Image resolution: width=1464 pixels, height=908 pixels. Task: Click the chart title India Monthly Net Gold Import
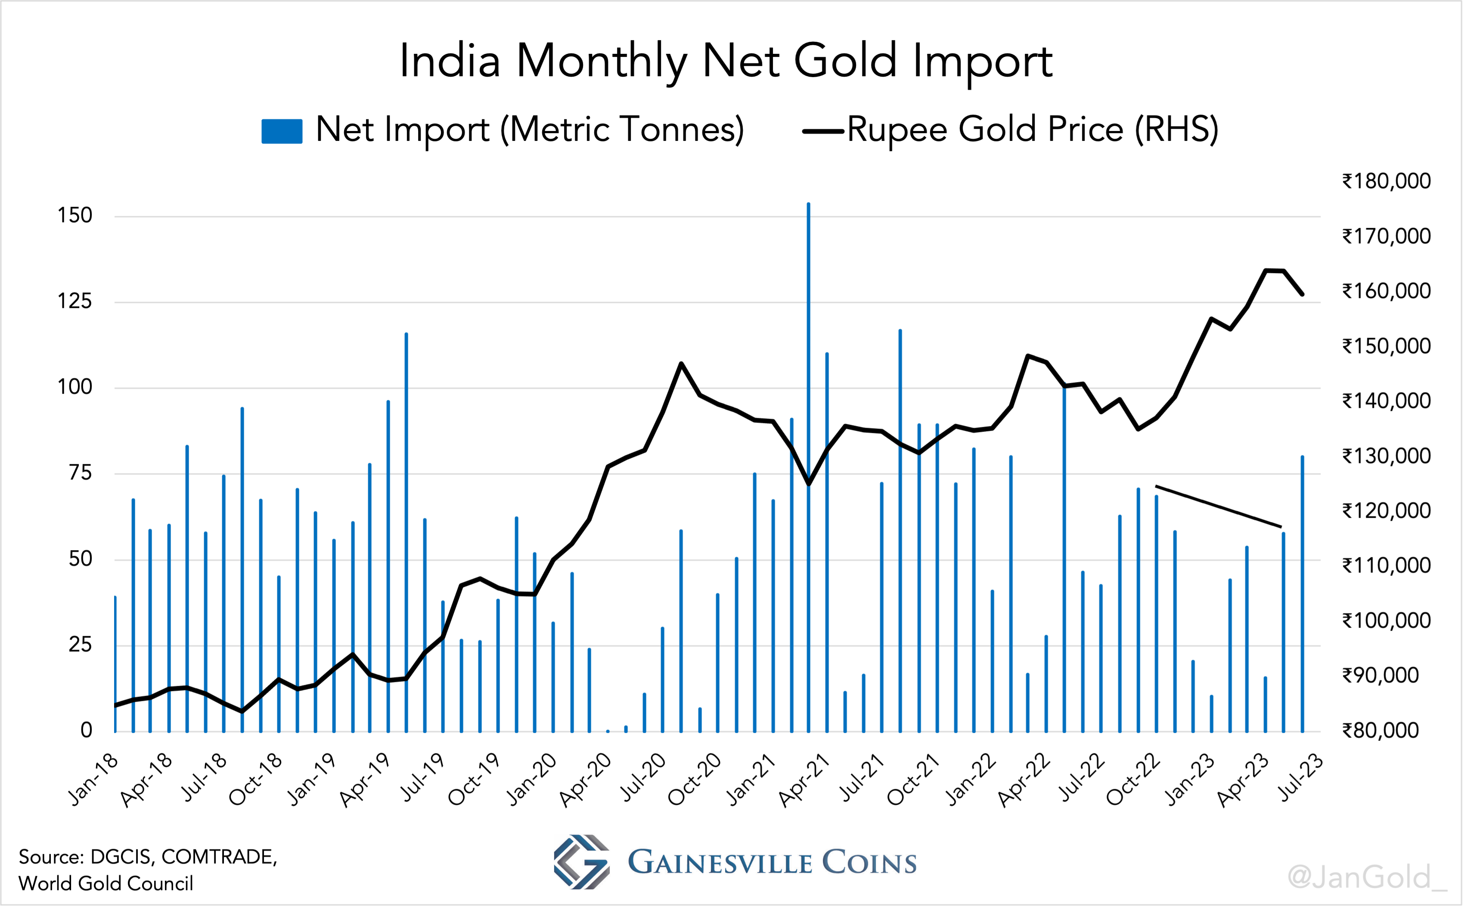click(726, 61)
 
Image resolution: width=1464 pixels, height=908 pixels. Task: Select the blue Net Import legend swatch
click(282, 131)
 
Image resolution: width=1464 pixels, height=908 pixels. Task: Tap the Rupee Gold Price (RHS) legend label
click(1033, 129)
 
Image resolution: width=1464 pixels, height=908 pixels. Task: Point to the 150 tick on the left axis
click(74, 216)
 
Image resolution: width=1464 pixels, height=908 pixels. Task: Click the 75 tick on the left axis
click(80, 473)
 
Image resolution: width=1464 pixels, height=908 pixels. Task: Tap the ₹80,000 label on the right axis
click(1380, 730)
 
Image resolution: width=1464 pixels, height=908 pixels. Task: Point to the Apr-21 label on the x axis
click(804, 780)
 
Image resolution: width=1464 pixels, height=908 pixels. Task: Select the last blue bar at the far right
click(1302, 594)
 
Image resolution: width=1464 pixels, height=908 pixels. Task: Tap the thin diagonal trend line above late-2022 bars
click(1219, 506)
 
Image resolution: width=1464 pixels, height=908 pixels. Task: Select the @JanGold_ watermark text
click(1367, 877)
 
